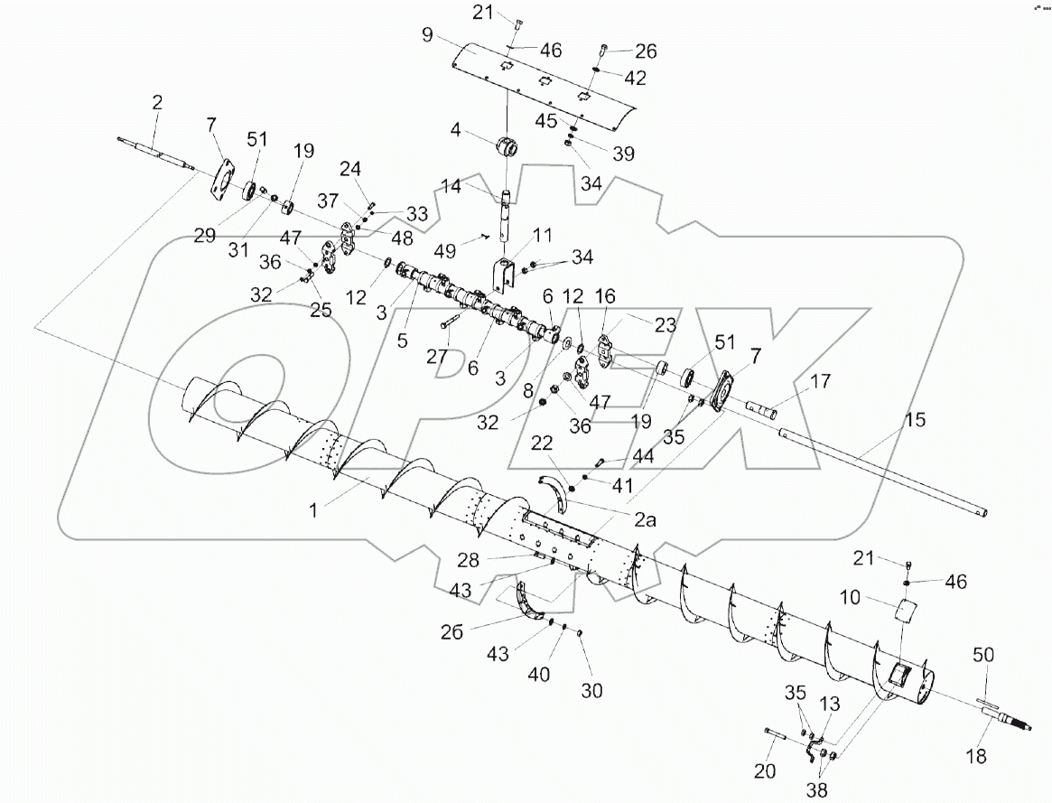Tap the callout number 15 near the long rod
point(915,421)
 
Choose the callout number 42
point(635,79)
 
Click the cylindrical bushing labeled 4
point(509,146)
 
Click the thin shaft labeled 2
point(157,154)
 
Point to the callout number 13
point(827,704)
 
